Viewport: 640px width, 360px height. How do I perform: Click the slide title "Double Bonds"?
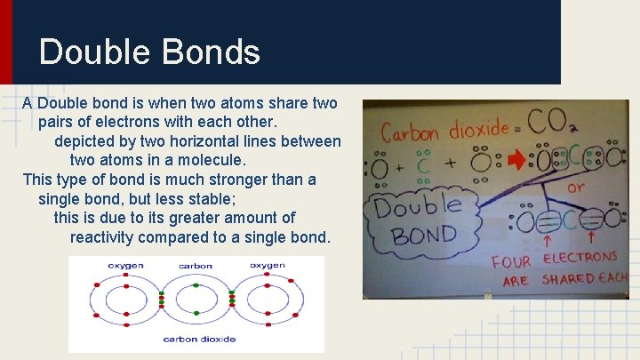149,52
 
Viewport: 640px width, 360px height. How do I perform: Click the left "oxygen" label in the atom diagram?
125,265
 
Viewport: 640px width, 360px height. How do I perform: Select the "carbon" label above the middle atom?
196,266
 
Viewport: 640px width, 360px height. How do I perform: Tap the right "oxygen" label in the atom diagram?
267,265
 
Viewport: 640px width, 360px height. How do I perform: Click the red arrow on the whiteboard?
516,161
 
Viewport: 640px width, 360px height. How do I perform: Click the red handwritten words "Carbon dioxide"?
444,132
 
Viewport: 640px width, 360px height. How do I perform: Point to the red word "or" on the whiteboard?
576,188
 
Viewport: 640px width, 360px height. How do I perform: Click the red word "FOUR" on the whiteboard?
511,261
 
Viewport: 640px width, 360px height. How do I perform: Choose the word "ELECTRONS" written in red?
580,258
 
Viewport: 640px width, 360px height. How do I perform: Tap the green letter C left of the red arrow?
423,164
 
